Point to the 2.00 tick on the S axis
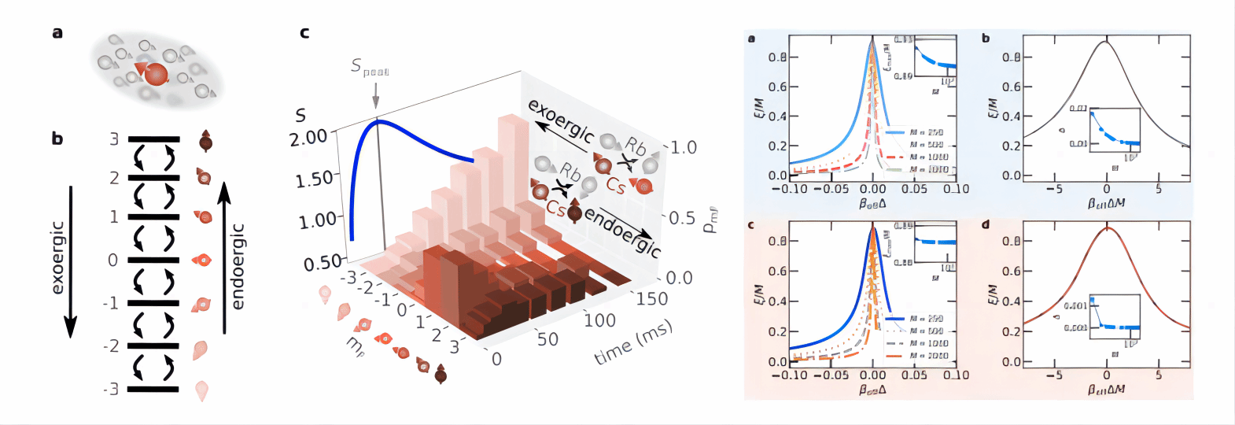(x=308, y=139)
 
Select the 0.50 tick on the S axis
(x=323, y=262)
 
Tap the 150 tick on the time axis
(x=651, y=299)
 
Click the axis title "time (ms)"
(x=633, y=343)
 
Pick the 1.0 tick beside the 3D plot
(x=683, y=148)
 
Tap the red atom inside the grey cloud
(x=157, y=75)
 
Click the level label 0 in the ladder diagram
(x=113, y=261)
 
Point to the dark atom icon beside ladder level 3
(x=205, y=141)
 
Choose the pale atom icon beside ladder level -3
(x=202, y=390)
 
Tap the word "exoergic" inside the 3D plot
(x=561, y=122)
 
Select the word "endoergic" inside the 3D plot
(x=622, y=233)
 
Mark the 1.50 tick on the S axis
(x=315, y=179)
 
